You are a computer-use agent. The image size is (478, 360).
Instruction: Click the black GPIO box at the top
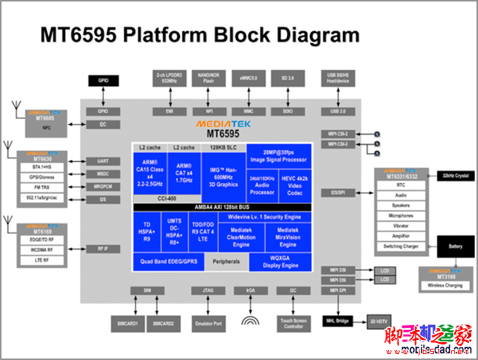tap(103, 81)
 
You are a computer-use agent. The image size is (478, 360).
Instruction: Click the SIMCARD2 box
tap(164, 323)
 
